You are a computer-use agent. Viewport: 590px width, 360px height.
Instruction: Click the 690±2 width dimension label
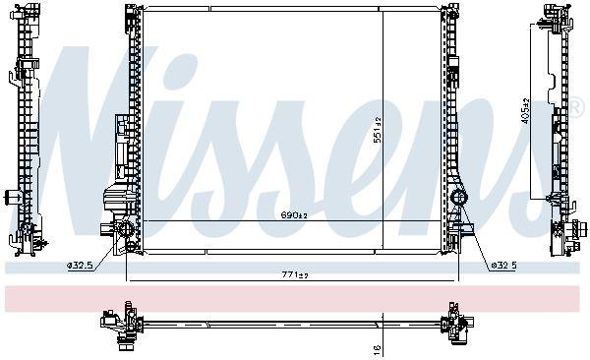pos(295,214)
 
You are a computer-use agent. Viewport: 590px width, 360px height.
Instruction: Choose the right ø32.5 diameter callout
pos(502,265)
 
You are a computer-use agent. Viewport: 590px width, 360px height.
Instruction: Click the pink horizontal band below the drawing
pos(295,298)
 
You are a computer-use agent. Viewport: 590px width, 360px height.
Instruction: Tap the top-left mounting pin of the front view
pos(131,12)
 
